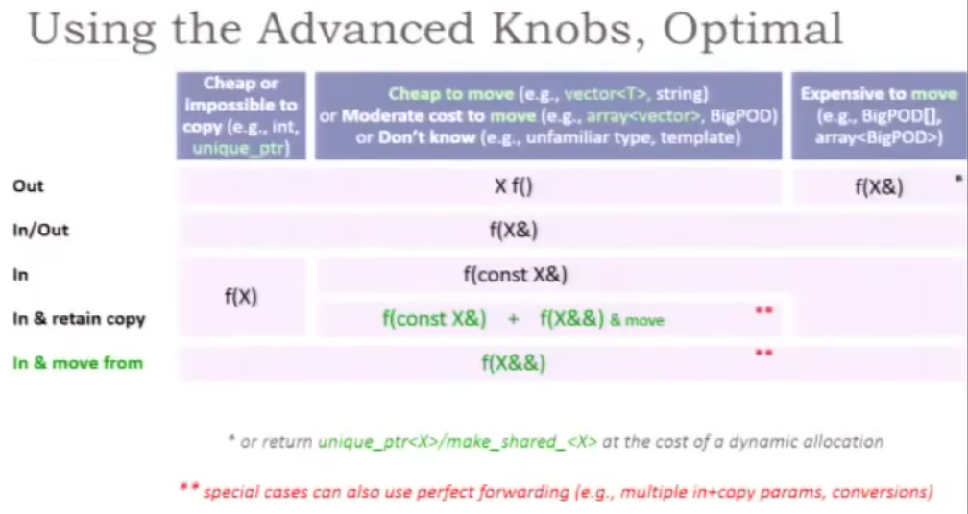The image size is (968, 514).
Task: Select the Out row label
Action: [29, 186]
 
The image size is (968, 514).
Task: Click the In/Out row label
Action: [40, 231]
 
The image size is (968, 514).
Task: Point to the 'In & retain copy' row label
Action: [79, 319]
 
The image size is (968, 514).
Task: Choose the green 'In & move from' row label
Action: [78, 362]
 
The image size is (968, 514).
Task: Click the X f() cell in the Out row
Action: [513, 186]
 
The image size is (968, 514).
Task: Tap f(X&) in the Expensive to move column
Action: [879, 187]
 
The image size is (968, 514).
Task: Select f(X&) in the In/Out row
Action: [514, 231]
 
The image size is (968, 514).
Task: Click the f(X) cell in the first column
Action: [241, 298]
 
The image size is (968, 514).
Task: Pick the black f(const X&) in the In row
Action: [516, 275]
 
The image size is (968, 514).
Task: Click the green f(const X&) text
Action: [435, 319]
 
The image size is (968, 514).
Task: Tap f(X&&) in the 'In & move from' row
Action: [514, 362]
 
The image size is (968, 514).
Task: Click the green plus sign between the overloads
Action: [514, 319]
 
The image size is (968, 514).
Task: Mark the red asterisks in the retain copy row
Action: [764, 310]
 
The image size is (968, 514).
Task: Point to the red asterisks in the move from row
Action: [764, 354]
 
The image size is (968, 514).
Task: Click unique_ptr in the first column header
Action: [241, 149]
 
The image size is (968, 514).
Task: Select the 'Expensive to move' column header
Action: [879, 94]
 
